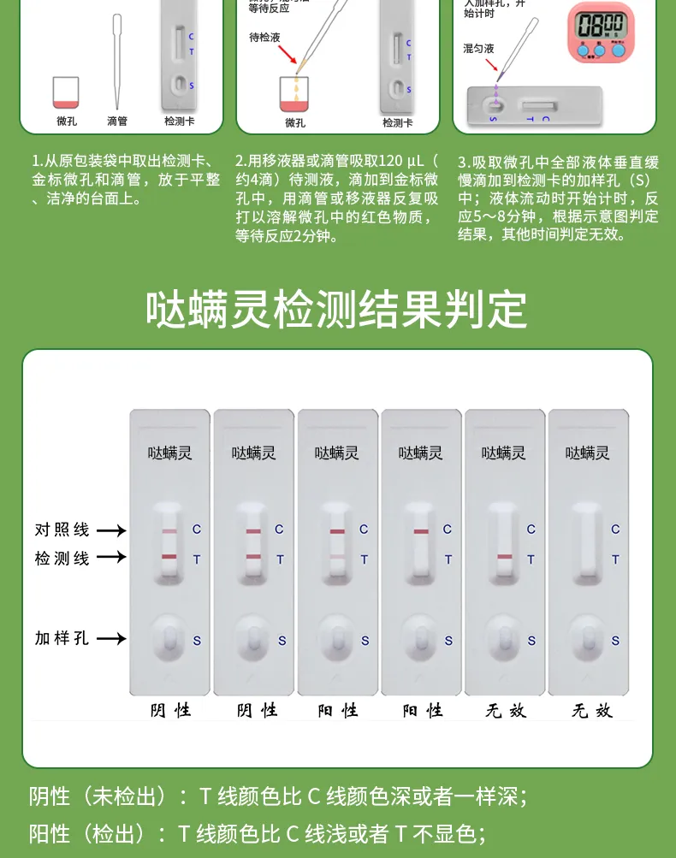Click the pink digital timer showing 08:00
[x=601, y=33]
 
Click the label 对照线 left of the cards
[x=62, y=530]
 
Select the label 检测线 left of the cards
[x=62, y=559]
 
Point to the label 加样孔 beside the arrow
[x=62, y=638]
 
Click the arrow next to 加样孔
[x=110, y=638]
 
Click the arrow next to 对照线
[x=110, y=530]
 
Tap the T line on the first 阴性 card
[x=169, y=558]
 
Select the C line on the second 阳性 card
[x=421, y=531]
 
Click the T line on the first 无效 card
[x=504, y=558]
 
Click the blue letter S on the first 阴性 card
[x=197, y=640]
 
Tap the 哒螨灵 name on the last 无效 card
[x=588, y=453]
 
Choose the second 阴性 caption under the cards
[x=256, y=711]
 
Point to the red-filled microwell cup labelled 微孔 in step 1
[x=66, y=92]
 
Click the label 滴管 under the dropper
[x=117, y=121]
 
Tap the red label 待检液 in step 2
[x=264, y=38]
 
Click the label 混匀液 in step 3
[x=478, y=49]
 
